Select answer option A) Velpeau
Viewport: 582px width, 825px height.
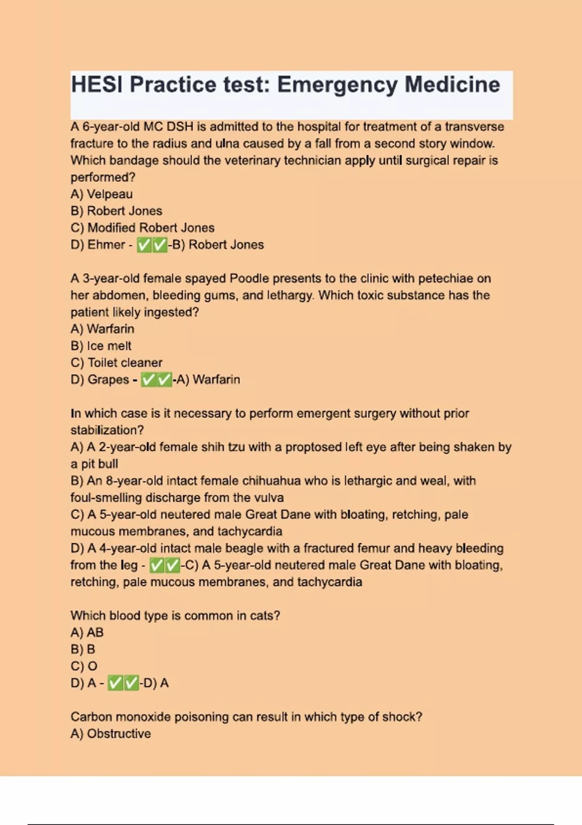coord(101,194)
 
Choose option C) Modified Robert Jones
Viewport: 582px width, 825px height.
coord(142,228)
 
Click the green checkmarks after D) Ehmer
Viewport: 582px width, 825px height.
coord(152,245)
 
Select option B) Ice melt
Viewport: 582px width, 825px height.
coord(101,346)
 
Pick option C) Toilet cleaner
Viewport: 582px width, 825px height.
coord(116,363)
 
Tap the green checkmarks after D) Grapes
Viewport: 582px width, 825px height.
coord(156,379)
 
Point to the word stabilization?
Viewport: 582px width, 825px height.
coord(107,430)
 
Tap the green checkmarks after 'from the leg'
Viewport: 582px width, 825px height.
coord(164,565)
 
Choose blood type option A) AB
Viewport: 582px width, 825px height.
coord(87,632)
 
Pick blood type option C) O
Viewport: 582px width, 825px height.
coord(84,666)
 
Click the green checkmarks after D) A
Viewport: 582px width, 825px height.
coord(123,683)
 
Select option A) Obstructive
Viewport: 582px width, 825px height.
coord(111,734)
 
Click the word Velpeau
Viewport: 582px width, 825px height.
coord(110,194)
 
